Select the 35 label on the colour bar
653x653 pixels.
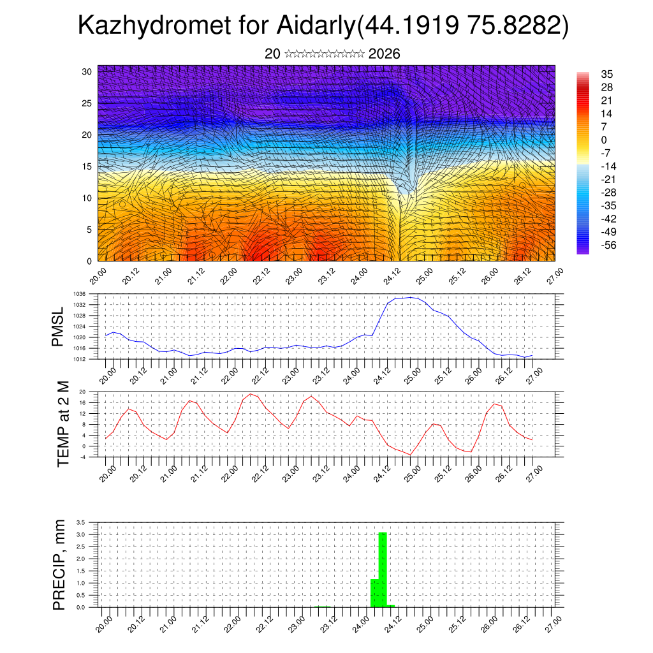607,74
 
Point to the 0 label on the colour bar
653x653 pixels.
605,140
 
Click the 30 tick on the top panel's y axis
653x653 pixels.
86,71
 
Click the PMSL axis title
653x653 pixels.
58,326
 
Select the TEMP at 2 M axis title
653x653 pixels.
62,424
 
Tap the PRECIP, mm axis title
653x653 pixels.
59,564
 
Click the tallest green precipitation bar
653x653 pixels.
383,569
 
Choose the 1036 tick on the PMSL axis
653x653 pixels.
80,294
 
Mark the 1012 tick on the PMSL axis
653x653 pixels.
80,359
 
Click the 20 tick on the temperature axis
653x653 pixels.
82,392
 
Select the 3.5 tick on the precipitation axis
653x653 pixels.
81,522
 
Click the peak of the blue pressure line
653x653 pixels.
411,297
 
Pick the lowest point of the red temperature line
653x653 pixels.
411,455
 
